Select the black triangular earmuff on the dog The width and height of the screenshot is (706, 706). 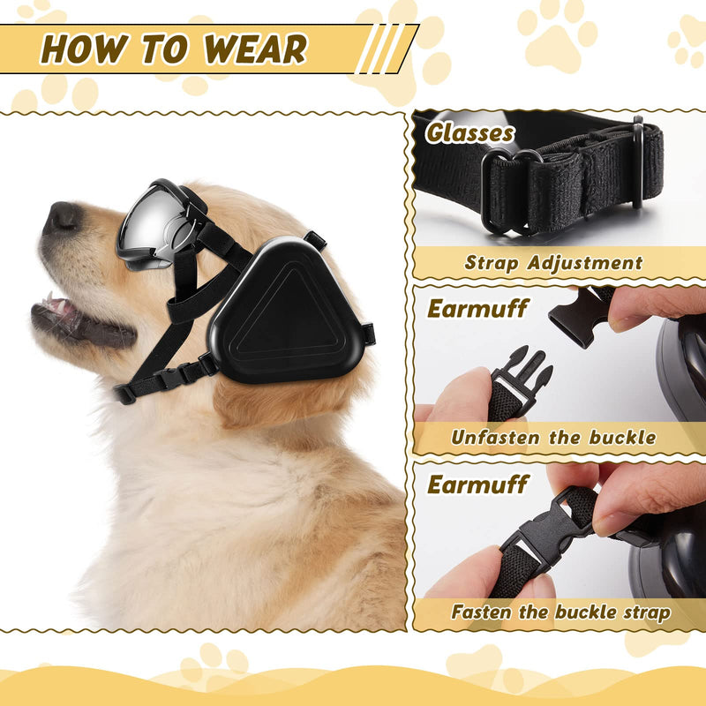[x=286, y=311]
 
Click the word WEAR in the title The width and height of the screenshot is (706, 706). [x=255, y=49]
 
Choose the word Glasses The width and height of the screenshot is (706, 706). [x=469, y=133]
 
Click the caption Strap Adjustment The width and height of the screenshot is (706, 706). [x=553, y=263]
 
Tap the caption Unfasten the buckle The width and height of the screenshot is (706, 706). [x=553, y=438]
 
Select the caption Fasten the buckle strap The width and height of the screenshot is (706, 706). [x=560, y=612]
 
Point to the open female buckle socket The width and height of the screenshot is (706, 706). [x=580, y=319]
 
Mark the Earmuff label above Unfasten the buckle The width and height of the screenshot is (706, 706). [x=477, y=309]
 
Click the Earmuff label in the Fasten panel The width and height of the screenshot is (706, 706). [x=477, y=484]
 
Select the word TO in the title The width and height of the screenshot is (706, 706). [x=164, y=49]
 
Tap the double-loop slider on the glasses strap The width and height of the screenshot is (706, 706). [x=511, y=192]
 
